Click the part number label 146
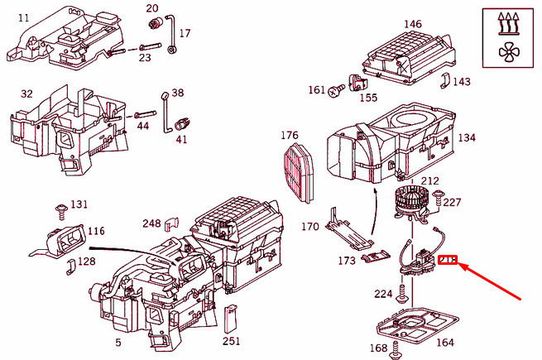[x=411, y=24]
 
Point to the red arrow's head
[x=462, y=265]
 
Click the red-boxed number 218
[x=448, y=261]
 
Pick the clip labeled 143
[x=444, y=81]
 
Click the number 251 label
[x=232, y=341]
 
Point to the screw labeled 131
[x=60, y=208]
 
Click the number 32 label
[x=26, y=94]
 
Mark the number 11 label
[x=22, y=17]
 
